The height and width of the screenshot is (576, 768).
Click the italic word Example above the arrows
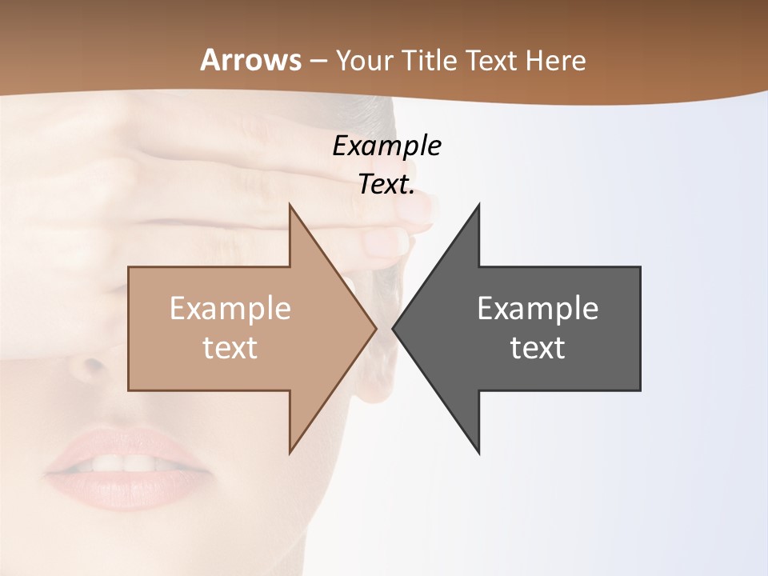pyautogui.click(x=387, y=146)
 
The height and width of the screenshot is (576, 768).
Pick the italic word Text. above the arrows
pyautogui.click(x=387, y=185)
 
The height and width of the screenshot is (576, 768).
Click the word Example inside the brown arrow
pyautogui.click(x=230, y=308)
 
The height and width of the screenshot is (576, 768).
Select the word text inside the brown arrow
pyautogui.click(x=230, y=347)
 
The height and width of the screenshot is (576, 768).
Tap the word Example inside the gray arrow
pyautogui.click(x=538, y=308)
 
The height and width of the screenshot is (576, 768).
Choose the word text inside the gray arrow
pyautogui.click(x=538, y=347)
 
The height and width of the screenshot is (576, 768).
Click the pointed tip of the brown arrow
pyautogui.click(x=376, y=328)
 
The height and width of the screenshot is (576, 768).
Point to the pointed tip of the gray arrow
pyautogui.click(x=393, y=328)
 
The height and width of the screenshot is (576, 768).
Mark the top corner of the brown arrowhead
pyautogui.click(x=290, y=205)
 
